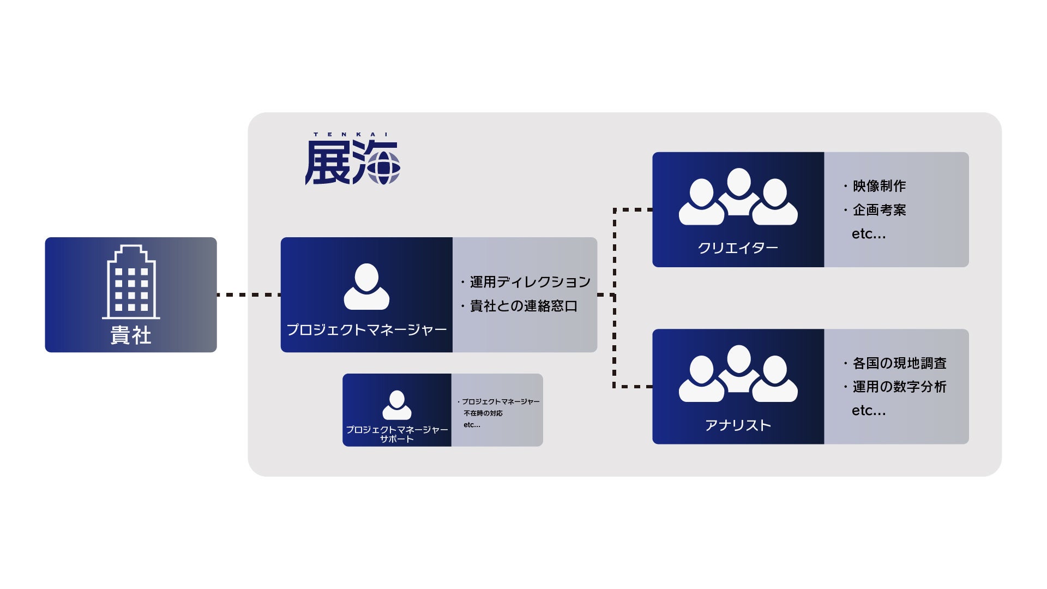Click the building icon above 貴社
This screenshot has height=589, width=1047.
click(x=131, y=282)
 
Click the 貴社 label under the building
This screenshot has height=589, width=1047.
click(x=131, y=335)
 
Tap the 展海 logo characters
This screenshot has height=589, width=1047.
click(x=352, y=162)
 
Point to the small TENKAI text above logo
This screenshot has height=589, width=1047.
click(x=351, y=134)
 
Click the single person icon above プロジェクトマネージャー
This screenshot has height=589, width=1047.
click(x=366, y=287)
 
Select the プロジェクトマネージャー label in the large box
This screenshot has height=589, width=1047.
click(x=366, y=330)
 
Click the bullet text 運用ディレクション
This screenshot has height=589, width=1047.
click(x=530, y=282)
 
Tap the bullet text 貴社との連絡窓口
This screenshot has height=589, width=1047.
click(x=523, y=306)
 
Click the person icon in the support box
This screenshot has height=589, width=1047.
click(x=397, y=405)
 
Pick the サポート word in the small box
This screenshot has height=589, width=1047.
click(x=397, y=439)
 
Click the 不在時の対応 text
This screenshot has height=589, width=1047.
click(x=483, y=413)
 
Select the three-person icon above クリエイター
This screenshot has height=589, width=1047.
click(x=738, y=197)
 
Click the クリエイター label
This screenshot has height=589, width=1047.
click(x=738, y=248)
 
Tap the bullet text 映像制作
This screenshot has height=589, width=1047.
click(x=879, y=186)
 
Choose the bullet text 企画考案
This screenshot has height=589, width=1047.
click(x=879, y=210)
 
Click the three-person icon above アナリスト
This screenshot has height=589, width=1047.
click(x=738, y=374)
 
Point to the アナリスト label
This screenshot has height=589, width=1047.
click(x=738, y=425)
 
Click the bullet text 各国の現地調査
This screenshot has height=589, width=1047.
click(x=899, y=363)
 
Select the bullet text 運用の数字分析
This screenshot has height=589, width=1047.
click(x=899, y=387)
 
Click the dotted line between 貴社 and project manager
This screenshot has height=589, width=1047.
click(x=249, y=294)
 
